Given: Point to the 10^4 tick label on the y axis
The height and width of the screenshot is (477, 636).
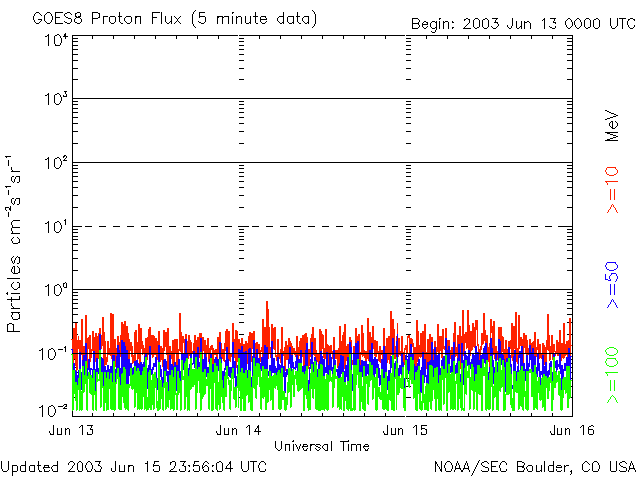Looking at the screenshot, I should tap(55, 40).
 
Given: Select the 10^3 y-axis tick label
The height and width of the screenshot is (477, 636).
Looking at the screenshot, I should tap(55, 100).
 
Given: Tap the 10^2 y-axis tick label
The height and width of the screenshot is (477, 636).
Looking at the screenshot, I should tap(55, 164).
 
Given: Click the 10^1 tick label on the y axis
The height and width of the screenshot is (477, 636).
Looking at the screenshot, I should tap(55, 228).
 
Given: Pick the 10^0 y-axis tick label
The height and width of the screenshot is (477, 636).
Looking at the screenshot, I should tap(55, 291).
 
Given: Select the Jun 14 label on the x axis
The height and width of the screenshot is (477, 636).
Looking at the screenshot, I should tap(240, 430).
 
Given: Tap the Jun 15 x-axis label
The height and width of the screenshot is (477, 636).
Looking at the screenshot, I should tap(406, 430).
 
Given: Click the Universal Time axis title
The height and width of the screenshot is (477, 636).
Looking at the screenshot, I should tap(322, 446).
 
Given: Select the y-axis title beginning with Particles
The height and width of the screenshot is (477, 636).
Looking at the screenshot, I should tap(17, 243).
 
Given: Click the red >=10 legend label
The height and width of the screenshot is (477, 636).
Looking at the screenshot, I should tap(613, 190).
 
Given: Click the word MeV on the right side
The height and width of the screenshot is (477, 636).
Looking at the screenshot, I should tap(613, 127).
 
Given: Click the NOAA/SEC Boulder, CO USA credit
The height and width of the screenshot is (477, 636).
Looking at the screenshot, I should tap(534, 466).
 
